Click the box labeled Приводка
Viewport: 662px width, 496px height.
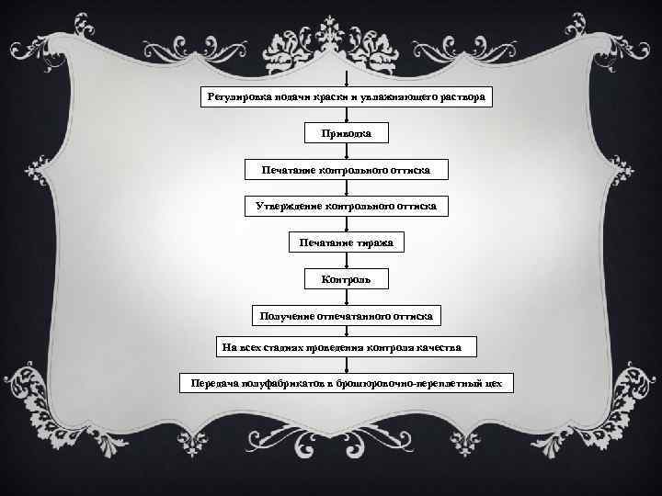[346, 134]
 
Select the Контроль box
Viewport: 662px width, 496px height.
[346, 277]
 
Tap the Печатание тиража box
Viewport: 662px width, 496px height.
[346, 242]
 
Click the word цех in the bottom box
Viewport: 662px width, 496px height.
[496, 381]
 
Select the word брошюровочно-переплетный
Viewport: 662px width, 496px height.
[415, 381]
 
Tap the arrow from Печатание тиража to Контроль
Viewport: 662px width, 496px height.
[346, 259]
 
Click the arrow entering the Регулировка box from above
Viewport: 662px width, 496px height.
[346, 79]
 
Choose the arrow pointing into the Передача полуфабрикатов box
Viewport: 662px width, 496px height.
[346, 365]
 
